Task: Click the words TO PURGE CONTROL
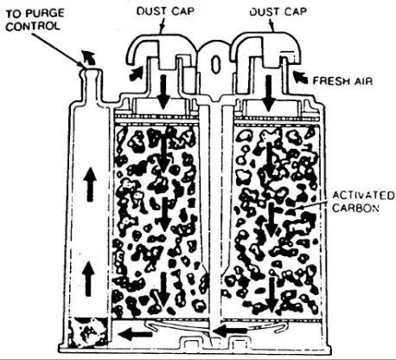[x=35, y=20]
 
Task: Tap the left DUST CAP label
[x=165, y=11]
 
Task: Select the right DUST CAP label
[x=278, y=11]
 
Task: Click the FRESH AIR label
[x=342, y=80]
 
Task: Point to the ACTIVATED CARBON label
[x=363, y=202]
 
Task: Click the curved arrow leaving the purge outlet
[x=87, y=57]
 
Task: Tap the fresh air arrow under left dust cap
[x=137, y=74]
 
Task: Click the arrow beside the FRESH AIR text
[x=300, y=77]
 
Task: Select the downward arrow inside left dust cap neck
[x=163, y=92]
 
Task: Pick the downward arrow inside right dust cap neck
[x=269, y=93]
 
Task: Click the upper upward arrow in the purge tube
[x=90, y=184]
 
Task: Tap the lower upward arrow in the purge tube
[x=89, y=280]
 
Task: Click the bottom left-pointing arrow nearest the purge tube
[x=135, y=335]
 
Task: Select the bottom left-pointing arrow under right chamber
[x=230, y=331]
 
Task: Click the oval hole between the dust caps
[x=215, y=64]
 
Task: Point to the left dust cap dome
[x=158, y=49]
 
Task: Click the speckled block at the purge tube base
[x=88, y=331]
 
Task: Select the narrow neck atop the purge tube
[x=91, y=84]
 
